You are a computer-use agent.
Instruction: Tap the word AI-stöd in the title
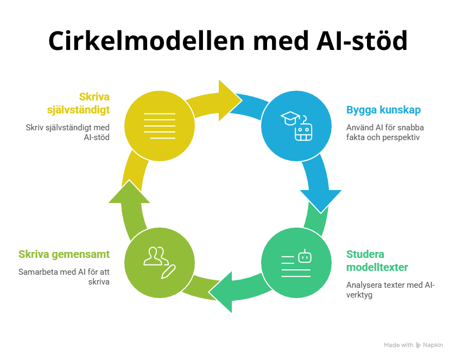coord(362,41)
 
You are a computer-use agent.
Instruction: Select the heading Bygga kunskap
coord(383,110)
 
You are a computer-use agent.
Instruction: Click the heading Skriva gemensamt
coord(64,254)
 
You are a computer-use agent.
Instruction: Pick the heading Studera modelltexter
coord(377,261)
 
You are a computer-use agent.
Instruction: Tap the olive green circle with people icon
coord(160,263)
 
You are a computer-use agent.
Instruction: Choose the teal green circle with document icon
coord(296,263)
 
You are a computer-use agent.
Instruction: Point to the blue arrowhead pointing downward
coord(321,200)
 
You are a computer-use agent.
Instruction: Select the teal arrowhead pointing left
coord(223,293)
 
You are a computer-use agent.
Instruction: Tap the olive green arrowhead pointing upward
coord(129,192)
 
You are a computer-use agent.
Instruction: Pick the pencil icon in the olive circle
coord(168,271)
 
